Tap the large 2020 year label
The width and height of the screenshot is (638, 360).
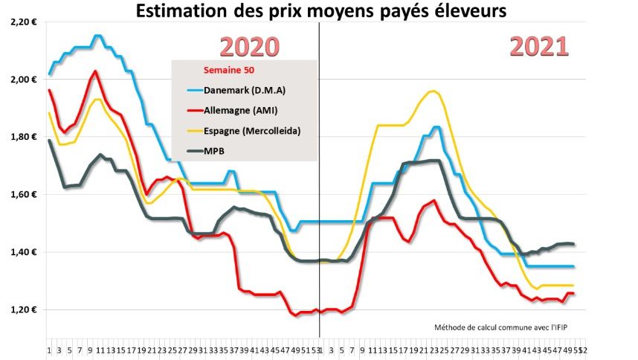coord(251,47)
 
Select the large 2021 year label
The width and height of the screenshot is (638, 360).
coord(539,46)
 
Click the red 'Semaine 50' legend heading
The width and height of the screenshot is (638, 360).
coord(229,71)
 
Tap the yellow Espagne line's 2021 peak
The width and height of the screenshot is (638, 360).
coord(433,91)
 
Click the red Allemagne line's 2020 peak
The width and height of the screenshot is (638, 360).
coord(96,71)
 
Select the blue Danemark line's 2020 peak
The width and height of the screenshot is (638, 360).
coord(97,35)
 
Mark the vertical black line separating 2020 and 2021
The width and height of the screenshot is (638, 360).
coord(319,186)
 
